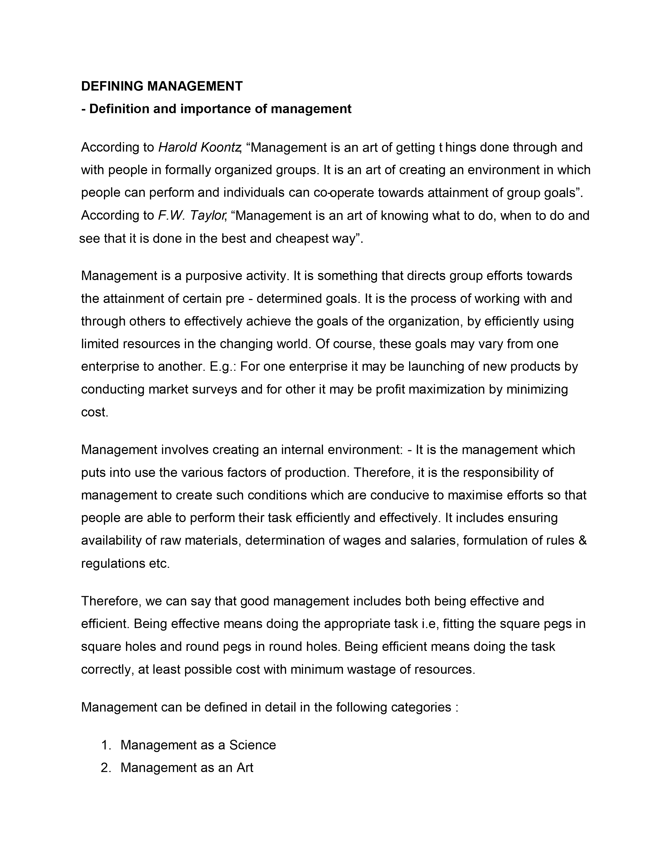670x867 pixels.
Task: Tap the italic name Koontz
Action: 221,147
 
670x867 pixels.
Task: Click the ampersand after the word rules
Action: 583,541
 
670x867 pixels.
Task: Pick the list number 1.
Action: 105,745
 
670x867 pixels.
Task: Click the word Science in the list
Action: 252,745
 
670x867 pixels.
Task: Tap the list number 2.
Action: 105,768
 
